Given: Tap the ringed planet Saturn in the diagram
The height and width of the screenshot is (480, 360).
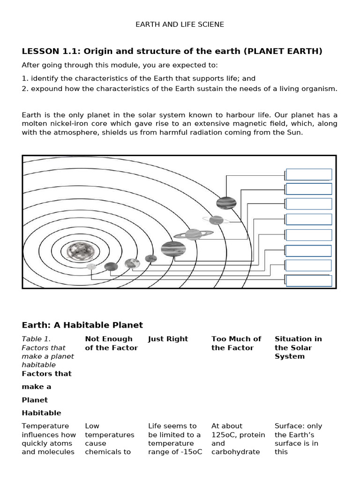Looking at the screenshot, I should coord(193,234).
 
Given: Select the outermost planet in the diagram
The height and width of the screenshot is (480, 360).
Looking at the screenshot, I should coord(226,203).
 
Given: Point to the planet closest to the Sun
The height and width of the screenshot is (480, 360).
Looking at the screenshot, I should coord(91,267).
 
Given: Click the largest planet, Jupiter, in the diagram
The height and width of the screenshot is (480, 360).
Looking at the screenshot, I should coord(173,249).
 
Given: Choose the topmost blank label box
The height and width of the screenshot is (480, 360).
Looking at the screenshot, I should coord(309,174).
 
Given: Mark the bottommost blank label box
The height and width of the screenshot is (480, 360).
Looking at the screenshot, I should coord(309,281).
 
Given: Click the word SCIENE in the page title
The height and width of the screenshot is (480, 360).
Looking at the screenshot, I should coord(211,24).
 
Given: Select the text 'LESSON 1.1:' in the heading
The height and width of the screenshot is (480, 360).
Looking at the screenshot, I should coord(45,51).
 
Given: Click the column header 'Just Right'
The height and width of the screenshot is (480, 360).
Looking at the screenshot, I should coord(168,339).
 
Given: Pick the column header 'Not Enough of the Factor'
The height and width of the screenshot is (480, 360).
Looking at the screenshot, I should coord(111,343).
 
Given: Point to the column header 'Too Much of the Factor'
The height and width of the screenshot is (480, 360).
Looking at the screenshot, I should coord(236,343).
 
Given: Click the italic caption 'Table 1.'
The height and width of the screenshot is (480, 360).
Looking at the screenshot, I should coord(36,339).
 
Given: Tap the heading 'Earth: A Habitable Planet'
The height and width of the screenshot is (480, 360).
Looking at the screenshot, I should coord(82,325).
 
